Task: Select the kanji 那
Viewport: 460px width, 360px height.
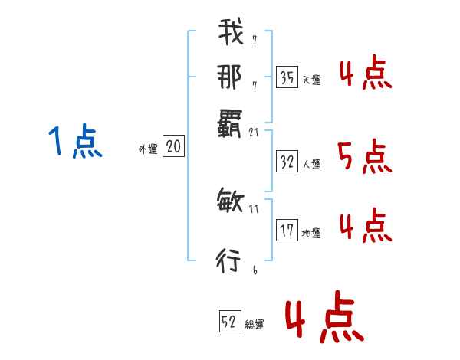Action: pos(229,77)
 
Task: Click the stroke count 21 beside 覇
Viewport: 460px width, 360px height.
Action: pos(255,133)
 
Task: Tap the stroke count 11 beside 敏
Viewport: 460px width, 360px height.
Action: pos(255,208)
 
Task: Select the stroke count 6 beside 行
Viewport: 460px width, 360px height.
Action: pos(254,270)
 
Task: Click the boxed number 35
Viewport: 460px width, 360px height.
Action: pos(287,77)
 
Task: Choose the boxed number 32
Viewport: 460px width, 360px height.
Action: pos(287,162)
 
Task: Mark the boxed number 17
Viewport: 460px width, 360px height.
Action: pos(287,230)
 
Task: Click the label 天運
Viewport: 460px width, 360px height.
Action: pos(311,80)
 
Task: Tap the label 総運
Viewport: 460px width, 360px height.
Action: pos(255,325)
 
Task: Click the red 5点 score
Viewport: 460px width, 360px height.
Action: pos(365,158)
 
